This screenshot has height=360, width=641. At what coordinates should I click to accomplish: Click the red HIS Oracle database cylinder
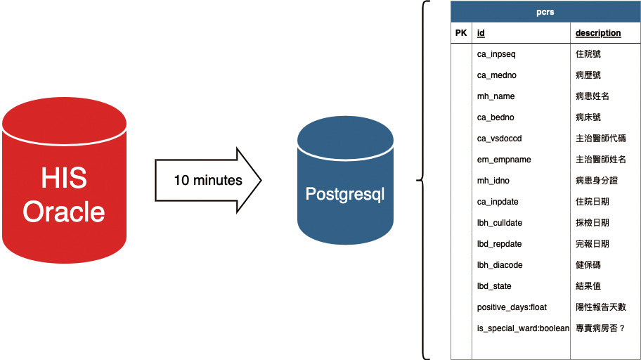click(64, 180)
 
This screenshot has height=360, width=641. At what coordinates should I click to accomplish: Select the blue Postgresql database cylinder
click(345, 180)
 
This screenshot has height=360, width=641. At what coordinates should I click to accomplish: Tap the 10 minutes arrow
click(208, 181)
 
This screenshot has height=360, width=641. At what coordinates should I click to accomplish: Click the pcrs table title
click(545, 12)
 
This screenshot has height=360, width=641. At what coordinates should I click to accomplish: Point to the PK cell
click(461, 33)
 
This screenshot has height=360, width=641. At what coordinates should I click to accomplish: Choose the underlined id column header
click(481, 33)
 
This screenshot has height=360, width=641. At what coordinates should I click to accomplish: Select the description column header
click(598, 33)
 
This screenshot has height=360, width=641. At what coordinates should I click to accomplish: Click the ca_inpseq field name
click(496, 54)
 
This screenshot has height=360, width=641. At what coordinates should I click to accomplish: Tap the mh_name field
click(496, 96)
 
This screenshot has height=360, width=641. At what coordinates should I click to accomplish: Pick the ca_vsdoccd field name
click(499, 139)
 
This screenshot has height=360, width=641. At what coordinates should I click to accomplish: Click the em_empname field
click(504, 160)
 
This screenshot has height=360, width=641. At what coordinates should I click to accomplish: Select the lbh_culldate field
click(500, 223)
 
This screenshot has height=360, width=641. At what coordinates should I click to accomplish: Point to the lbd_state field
click(494, 286)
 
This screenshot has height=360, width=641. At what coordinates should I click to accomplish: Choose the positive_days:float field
click(512, 307)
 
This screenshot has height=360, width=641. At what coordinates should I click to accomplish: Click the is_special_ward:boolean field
click(523, 328)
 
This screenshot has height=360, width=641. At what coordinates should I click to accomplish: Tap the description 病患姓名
click(593, 96)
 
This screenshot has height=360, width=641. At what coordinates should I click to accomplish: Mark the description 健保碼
click(588, 264)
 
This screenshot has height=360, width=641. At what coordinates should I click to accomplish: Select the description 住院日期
click(593, 202)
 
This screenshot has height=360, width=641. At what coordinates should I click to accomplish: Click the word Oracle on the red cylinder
click(64, 212)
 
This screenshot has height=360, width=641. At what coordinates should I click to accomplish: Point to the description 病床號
click(588, 117)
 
